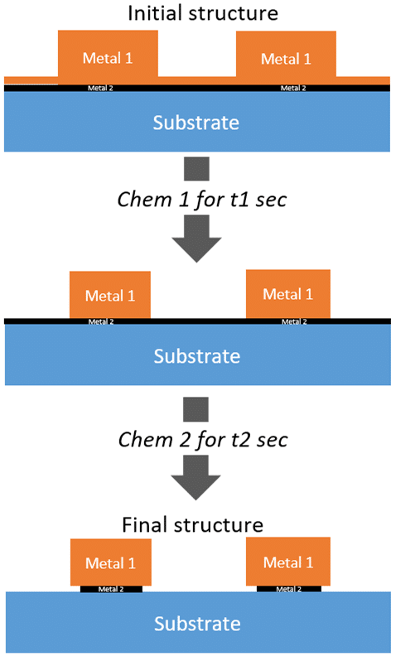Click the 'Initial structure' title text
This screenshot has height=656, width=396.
click(203, 13)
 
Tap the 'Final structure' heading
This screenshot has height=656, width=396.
click(192, 524)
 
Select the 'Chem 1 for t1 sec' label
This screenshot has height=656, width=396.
click(202, 199)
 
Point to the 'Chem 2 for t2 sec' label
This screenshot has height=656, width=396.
click(203, 440)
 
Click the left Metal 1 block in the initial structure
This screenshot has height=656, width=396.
click(108, 54)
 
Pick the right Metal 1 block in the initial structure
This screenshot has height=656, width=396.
click(286, 54)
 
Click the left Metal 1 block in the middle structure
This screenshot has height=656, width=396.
click(110, 295)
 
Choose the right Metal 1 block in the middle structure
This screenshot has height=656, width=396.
click(288, 294)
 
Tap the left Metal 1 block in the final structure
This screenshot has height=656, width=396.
click(110, 562)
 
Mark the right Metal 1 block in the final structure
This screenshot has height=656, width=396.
click(288, 562)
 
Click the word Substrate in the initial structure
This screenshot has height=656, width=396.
click(196, 123)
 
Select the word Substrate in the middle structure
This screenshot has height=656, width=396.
click(196, 356)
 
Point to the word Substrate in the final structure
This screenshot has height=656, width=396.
click(197, 624)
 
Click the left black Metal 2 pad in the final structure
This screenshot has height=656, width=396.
click(111, 589)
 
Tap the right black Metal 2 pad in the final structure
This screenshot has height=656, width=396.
click(289, 589)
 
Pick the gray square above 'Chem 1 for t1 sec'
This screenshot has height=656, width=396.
click(196, 169)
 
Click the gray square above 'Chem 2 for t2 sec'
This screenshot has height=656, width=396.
click(196, 409)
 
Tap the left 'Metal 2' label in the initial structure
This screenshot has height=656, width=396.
click(100, 89)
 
